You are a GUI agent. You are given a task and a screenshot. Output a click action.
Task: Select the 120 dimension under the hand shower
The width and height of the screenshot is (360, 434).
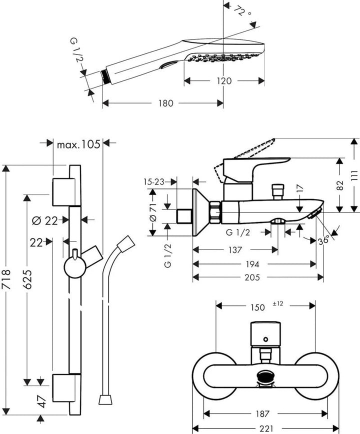click(x=224, y=80)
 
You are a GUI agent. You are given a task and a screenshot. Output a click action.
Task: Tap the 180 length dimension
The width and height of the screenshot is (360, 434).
click(x=165, y=103)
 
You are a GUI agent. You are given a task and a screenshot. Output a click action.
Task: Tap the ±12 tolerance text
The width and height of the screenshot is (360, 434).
click(x=278, y=303)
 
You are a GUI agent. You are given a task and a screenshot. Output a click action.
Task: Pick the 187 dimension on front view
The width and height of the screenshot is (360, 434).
click(x=265, y=413)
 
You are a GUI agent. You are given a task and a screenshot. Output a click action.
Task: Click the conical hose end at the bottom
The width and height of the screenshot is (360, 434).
click(x=104, y=399)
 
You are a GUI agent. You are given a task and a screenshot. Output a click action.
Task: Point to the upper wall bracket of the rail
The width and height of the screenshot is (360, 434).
click(x=63, y=190)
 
